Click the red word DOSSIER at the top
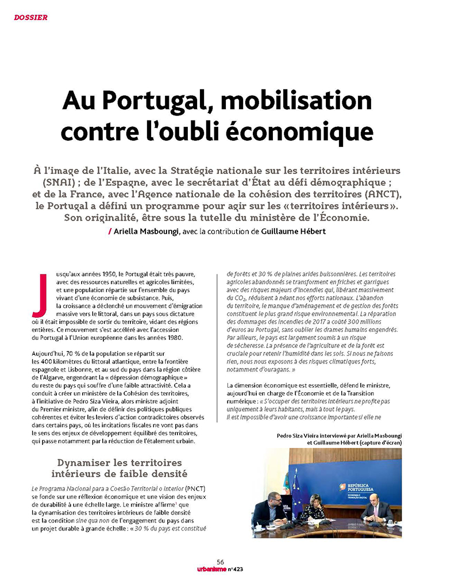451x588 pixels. [30, 18]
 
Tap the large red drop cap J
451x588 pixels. [40, 295]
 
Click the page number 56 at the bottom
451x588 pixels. [221, 562]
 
